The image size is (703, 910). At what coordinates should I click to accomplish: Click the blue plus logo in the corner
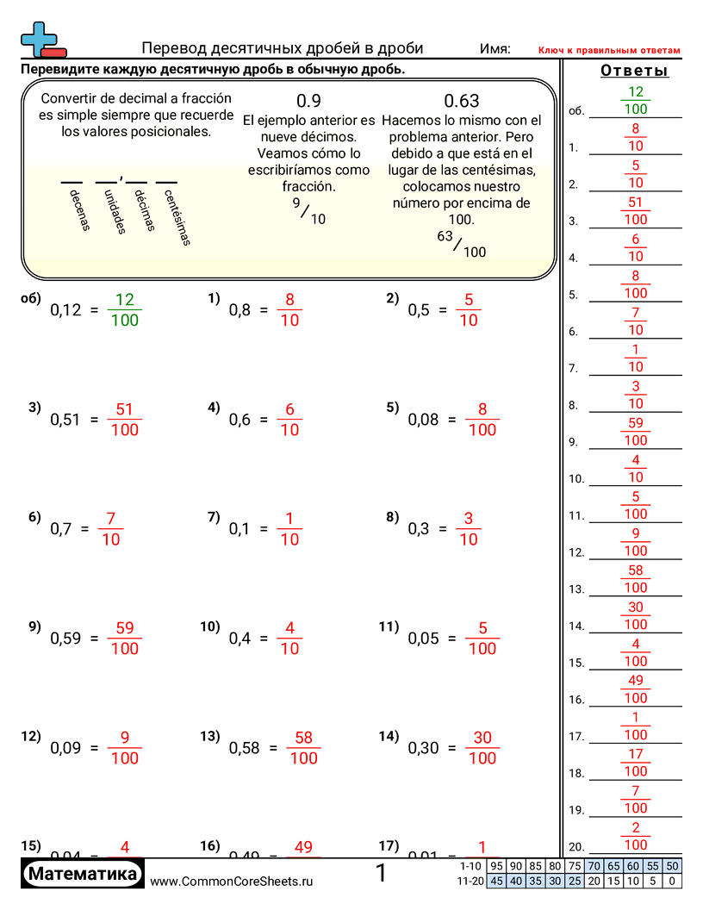pos(41,40)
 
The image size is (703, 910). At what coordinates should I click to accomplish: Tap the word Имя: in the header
pos(495,49)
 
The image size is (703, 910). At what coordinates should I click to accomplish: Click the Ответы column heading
pos(634,71)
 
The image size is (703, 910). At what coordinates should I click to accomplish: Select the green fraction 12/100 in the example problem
pos(125,310)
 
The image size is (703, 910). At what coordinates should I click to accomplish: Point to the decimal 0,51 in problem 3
pos(65,420)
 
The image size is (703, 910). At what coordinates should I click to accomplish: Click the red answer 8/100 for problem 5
pos(482,420)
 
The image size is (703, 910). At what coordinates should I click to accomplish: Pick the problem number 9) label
pos(34,626)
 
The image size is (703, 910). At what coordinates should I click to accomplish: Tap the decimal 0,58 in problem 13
pos(244,748)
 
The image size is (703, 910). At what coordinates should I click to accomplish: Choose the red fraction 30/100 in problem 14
pos(482,748)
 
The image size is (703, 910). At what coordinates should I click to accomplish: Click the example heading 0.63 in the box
pos(462,101)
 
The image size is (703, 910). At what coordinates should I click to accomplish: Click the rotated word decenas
pos(78,210)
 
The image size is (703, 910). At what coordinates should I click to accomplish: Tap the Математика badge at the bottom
pos(83,875)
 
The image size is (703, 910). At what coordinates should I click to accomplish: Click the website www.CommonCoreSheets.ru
pos(232,881)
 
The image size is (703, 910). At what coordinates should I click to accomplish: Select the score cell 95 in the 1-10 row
pos(497,866)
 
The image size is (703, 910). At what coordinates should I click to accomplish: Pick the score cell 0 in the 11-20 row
pos(673,881)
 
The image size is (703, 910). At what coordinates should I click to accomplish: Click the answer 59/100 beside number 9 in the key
pos(636,432)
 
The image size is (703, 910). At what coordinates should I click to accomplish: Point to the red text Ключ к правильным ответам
pos(609,51)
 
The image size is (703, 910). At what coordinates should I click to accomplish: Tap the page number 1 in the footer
pos(382,874)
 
